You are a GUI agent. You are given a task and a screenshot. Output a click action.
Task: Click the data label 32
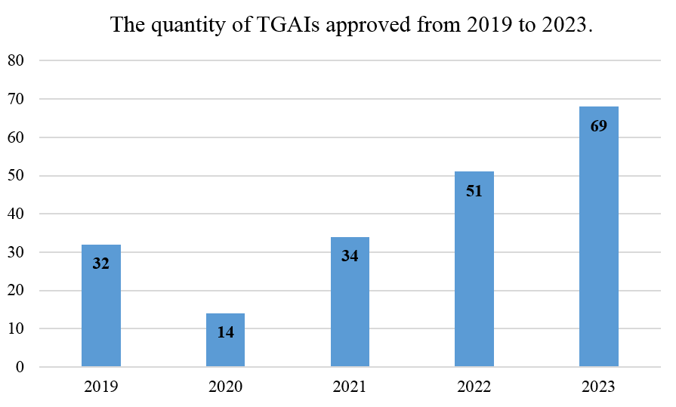click(x=101, y=264)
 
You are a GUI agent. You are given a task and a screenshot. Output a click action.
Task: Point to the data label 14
click(x=225, y=331)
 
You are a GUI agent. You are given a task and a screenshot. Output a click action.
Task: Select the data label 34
click(x=350, y=256)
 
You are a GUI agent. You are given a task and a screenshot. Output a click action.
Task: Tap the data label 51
click(x=474, y=190)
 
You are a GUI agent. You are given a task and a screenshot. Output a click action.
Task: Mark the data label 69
click(x=599, y=126)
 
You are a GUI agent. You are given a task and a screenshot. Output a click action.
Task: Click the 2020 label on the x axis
click(x=225, y=387)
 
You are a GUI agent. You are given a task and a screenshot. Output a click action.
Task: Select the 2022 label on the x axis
click(x=474, y=387)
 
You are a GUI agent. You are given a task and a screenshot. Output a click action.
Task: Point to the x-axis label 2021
click(x=350, y=387)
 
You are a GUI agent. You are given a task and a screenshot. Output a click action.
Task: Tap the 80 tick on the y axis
click(x=15, y=60)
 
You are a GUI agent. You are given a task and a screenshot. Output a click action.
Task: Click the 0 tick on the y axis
click(x=19, y=368)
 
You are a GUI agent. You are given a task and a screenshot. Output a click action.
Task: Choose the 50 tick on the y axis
click(x=15, y=176)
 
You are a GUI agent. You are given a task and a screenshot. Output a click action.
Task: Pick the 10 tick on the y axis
click(x=15, y=329)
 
